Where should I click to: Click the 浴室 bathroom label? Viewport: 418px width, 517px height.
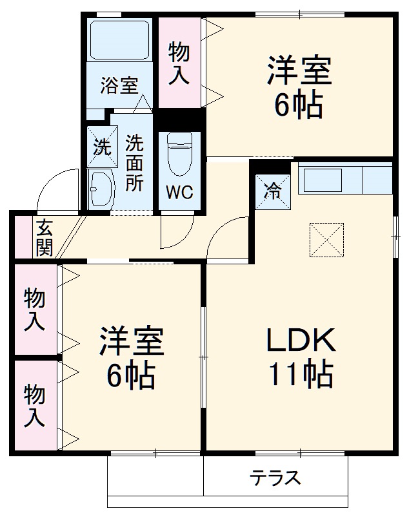(x=119, y=85)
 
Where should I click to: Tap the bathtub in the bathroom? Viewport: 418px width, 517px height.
(x=119, y=41)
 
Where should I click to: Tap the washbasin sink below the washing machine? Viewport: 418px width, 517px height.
(x=101, y=189)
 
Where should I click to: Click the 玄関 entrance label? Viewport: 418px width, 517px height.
(x=45, y=238)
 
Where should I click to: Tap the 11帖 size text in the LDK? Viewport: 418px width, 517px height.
(x=299, y=374)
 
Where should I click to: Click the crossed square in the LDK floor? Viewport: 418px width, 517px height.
(x=326, y=239)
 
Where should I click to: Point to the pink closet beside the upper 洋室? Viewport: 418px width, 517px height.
(x=179, y=63)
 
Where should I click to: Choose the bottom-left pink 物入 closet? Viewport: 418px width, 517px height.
(x=35, y=405)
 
